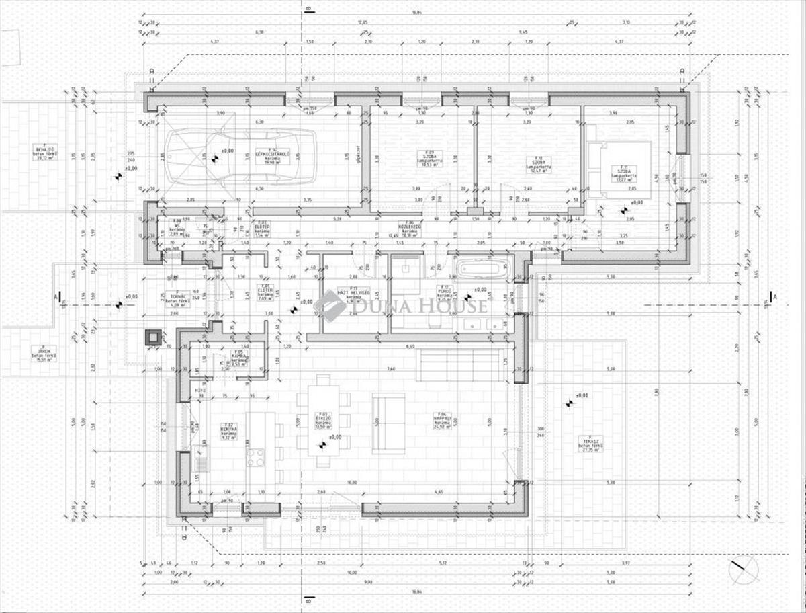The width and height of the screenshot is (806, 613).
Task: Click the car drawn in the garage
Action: [x=240, y=157]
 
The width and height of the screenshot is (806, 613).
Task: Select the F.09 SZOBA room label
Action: [x=425, y=161]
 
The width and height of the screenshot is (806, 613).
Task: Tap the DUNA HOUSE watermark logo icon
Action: [x=330, y=306]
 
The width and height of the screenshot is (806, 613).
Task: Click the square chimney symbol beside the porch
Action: [x=152, y=337]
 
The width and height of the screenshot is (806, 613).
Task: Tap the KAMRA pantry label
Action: [x=238, y=356]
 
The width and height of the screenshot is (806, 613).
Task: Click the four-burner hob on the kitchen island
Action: [x=256, y=457]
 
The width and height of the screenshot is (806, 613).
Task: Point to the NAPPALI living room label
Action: [x=441, y=421]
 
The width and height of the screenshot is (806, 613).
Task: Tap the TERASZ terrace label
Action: [x=590, y=444]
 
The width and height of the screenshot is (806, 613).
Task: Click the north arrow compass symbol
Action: [x=744, y=571]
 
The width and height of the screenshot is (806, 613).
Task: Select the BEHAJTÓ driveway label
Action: [x=45, y=152]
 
